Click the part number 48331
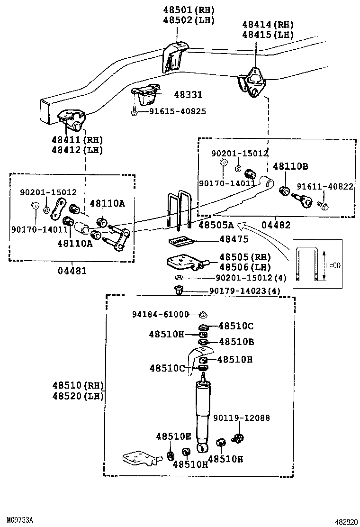coord(188,95)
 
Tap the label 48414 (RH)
coord(268,25)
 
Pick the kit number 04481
coord(72,271)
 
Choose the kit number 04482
coord(276,226)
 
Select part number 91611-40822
coord(325,187)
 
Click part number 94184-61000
coord(161,314)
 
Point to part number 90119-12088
coord(241,418)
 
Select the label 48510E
coord(173,436)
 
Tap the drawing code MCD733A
coord(17,520)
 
